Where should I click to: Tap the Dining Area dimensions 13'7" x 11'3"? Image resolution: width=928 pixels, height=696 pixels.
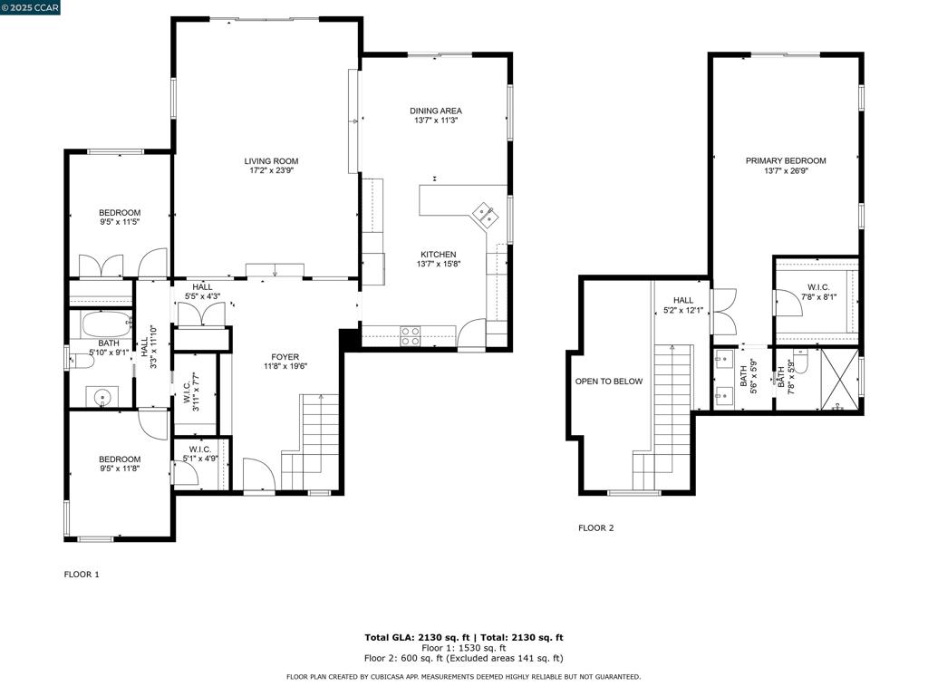click(x=436, y=121)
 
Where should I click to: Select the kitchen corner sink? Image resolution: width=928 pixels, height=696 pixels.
click(x=486, y=214)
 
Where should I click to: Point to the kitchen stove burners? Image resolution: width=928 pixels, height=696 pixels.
click(x=411, y=336)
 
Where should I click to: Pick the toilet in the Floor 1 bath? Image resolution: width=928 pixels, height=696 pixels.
click(x=81, y=361)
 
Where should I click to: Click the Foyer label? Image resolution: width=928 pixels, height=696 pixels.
click(x=285, y=357)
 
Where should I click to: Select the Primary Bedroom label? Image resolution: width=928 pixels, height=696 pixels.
click(x=786, y=160)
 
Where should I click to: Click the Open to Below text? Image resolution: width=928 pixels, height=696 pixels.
click(x=609, y=382)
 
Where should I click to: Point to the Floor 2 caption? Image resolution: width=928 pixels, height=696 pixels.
click(x=596, y=528)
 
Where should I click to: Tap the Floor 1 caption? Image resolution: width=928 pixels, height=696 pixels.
click(x=82, y=574)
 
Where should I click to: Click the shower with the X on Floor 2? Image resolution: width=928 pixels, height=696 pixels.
click(x=839, y=379)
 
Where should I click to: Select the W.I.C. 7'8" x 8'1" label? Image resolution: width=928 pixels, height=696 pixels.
click(x=818, y=292)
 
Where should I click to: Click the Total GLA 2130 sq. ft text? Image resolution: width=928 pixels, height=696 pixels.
click(x=417, y=637)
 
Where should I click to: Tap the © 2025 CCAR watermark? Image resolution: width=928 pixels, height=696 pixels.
click(x=30, y=7)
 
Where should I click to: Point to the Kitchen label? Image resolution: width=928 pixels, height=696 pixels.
click(x=439, y=255)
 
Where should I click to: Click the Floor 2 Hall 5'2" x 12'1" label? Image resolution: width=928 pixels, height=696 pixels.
click(x=683, y=304)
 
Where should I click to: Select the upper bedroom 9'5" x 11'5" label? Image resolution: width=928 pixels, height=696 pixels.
click(x=120, y=217)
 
